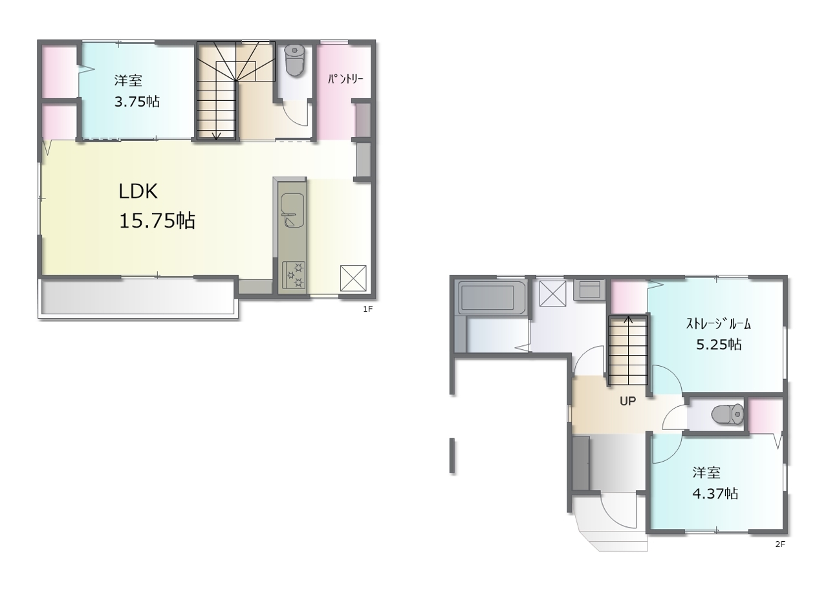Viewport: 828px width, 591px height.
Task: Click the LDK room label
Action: [x=138, y=191]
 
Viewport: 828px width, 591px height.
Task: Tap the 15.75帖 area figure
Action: [x=157, y=221]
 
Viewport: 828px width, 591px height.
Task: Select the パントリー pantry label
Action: [x=345, y=79]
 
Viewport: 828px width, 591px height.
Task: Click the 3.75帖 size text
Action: [x=136, y=102]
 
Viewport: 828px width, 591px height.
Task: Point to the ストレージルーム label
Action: [x=718, y=324]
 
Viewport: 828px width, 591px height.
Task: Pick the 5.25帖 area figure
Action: [x=719, y=345]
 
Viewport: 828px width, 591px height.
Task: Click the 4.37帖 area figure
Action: [x=715, y=493]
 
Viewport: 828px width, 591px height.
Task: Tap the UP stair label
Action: [x=627, y=401]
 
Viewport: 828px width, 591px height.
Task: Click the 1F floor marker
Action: [x=367, y=309]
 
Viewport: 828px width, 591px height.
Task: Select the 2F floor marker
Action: [x=780, y=544]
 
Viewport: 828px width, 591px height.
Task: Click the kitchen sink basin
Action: [x=292, y=210]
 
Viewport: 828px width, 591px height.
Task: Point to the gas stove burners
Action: [x=294, y=275]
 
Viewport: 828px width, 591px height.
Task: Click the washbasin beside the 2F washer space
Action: [x=589, y=290]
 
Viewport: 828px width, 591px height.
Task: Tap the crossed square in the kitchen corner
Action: [x=353, y=278]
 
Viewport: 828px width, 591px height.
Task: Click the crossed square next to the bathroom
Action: [x=552, y=294]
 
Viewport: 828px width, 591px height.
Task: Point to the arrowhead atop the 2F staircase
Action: [x=628, y=319]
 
